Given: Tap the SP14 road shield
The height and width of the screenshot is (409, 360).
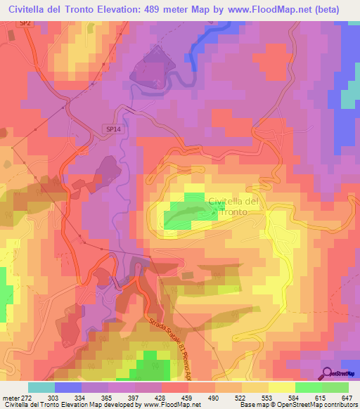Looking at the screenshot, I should (x=113, y=130).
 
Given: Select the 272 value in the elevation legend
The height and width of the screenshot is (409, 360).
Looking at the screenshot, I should (x=25, y=398).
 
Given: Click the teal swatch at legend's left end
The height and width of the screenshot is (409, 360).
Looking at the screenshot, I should (x=41, y=387).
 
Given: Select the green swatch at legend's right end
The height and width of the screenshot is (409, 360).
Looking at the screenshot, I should (x=335, y=387).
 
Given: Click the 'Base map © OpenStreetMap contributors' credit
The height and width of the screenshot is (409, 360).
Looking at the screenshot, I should (x=297, y=405).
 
